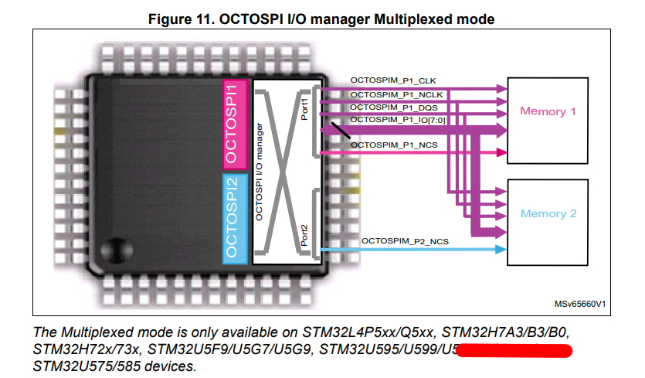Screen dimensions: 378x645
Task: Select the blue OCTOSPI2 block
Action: [236, 219]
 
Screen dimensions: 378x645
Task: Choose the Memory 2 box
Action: [548, 213]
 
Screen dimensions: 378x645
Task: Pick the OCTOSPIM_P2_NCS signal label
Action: [404, 242]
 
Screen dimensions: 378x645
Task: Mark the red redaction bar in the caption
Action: [514, 352]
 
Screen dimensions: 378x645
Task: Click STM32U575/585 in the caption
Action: [86, 366]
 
